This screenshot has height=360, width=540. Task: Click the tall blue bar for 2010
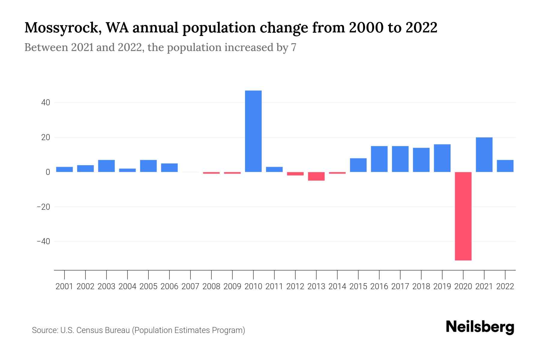[x=253, y=131]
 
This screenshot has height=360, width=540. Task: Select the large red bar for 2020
[x=463, y=216]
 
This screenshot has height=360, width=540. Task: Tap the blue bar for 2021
[x=484, y=154]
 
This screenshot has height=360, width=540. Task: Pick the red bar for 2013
[x=316, y=176]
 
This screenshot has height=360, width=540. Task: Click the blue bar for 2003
[x=106, y=166]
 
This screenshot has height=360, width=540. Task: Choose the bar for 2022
[x=505, y=166]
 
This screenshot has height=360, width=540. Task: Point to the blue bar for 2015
[x=358, y=165]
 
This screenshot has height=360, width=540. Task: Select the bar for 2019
[x=442, y=158]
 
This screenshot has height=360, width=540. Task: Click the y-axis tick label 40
[x=46, y=103]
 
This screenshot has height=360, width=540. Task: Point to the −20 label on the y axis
[x=43, y=207]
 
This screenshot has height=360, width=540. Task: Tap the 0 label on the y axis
[x=48, y=172]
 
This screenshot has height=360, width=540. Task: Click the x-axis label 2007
[x=190, y=286]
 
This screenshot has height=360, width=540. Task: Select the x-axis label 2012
[x=295, y=286]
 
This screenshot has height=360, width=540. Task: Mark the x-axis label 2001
[x=64, y=286]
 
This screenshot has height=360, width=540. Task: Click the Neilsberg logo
[x=480, y=327]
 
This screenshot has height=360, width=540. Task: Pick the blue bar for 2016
[x=379, y=159]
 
